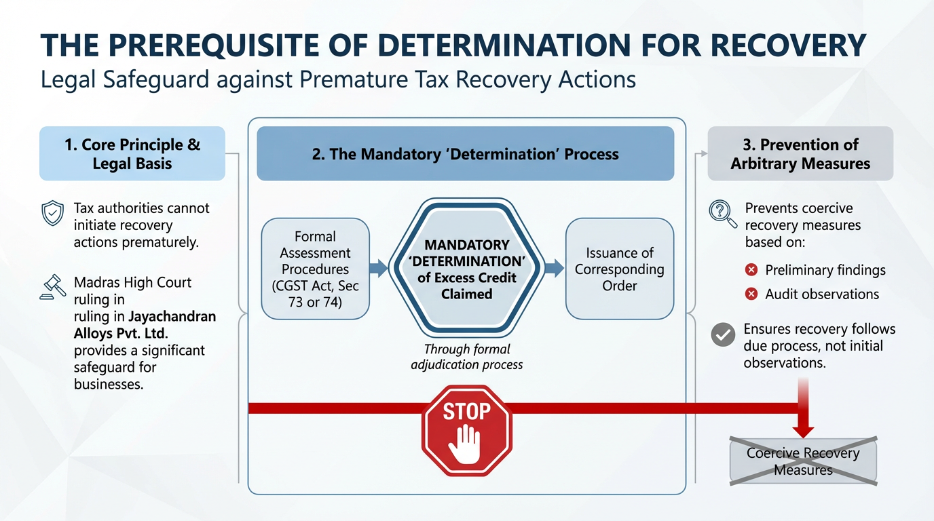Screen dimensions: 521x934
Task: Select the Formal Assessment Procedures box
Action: click(x=315, y=269)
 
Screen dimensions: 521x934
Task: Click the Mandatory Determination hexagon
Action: click(x=467, y=269)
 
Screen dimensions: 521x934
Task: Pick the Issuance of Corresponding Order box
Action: click(x=619, y=269)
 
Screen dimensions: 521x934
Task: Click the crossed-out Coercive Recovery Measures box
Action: click(x=803, y=461)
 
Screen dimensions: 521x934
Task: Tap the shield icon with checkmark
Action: click(x=53, y=214)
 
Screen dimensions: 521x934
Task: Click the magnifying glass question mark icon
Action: click(x=722, y=212)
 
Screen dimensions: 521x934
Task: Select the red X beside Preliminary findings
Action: click(x=751, y=270)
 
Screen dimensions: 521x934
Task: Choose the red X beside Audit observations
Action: click(x=751, y=294)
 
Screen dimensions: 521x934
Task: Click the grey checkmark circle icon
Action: click(x=723, y=335)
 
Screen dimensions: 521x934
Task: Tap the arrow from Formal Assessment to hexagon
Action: click(x=379, y=269)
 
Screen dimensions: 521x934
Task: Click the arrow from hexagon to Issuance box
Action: click(x=555, y=269)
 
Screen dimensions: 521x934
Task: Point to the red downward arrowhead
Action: click(x=803, y=429)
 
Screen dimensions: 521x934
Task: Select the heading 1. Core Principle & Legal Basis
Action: click(x=132, y=154)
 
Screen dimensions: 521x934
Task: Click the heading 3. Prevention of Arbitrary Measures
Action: click(x=800, y=154)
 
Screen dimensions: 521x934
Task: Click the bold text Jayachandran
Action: click(x=172, y=317)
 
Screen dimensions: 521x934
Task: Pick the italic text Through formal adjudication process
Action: click(x=467, y=357)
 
